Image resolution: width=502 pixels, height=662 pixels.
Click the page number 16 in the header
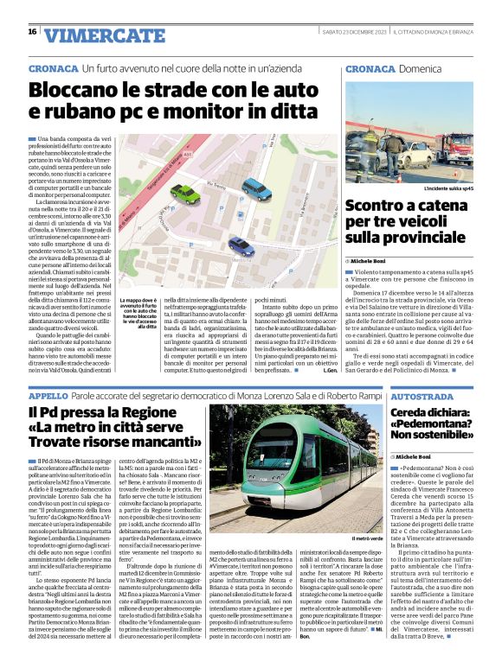click(x=32, y=32)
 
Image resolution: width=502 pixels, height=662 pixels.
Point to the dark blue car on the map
click(x=241, y=245)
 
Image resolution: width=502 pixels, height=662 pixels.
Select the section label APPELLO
click(x=46, y=394)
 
